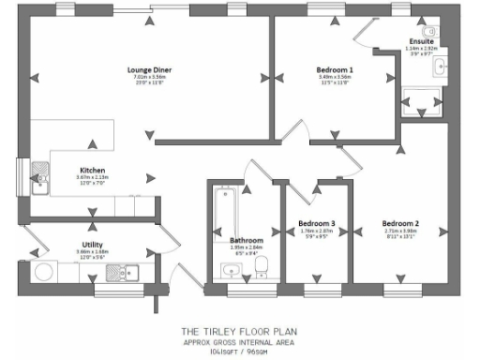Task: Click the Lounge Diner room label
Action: point(149,68)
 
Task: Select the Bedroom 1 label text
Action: point(335,70)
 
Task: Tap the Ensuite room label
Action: point(421,42)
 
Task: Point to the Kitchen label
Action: point(92,170)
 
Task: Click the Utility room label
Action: point(92,245)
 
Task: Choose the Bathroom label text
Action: point(246,241)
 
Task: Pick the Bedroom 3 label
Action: point(317,223)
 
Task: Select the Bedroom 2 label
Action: point(400,223)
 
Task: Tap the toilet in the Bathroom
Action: point(263,266)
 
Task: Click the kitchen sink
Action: point(40,175)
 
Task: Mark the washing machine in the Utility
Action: point(43,273)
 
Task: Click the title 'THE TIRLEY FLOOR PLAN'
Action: point(238,331)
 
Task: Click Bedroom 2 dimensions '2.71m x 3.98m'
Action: point(400,231)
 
